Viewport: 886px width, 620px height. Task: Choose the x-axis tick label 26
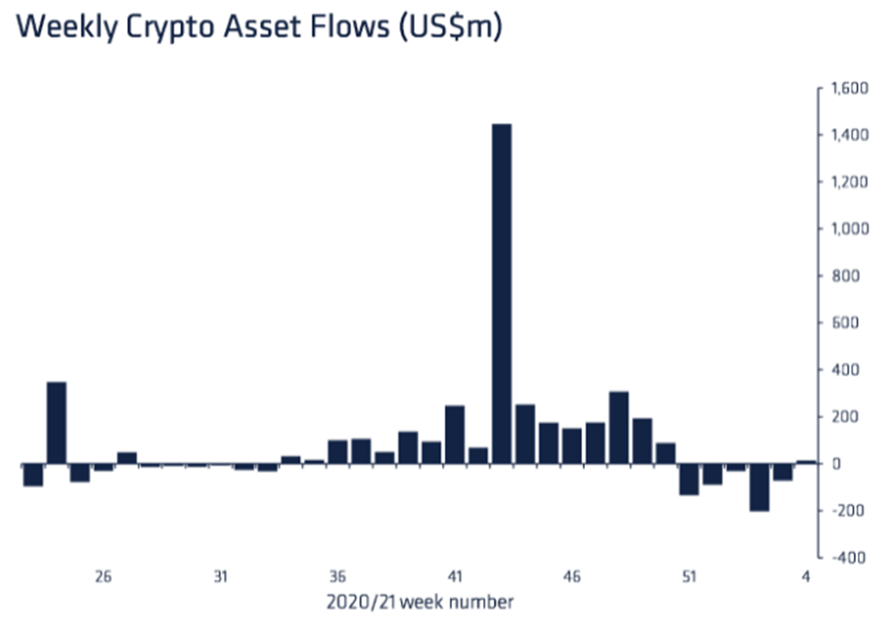point(103,576)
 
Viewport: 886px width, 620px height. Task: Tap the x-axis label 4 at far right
point(806,576)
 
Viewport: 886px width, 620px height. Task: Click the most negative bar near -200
point(759,487)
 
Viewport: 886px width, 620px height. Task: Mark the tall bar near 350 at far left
point(56,423)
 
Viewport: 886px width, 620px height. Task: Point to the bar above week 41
point(455,435)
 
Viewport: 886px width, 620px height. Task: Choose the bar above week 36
point(337,452)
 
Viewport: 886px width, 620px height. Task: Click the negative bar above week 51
point(689,479)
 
